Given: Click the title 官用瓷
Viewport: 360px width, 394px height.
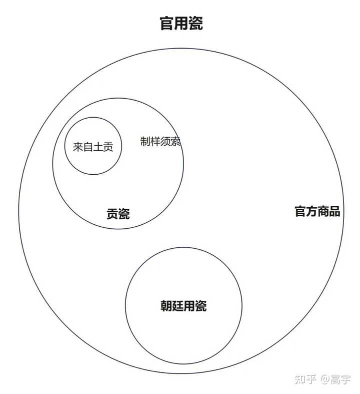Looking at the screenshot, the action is pyautogui.click(x=181, y=24).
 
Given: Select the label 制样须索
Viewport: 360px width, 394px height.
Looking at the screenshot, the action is pyautogui.click(x=160, y=142).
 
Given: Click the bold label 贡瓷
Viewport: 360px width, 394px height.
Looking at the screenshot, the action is pyautogui.click(x=118, y=214).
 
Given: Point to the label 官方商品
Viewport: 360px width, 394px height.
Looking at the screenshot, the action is pyautogui.click(x=317, y=211).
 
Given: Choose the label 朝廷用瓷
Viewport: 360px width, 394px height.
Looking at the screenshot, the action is pyautogui.click(x=183, y=306).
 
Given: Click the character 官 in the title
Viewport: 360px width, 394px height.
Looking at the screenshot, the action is pyautogui.click(x=167, y=24).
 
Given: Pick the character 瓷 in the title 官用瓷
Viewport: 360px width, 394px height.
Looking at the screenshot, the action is pyautogui.click(x=196, y=24).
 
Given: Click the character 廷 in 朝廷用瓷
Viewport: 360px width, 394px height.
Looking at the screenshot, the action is pyautogui.click(x=178, y=306).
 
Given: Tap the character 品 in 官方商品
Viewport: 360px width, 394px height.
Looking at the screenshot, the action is pyautogui.click(x=334, y=211).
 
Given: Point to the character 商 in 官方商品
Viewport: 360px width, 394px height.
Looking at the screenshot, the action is pyautogui.click(x=323, y=211).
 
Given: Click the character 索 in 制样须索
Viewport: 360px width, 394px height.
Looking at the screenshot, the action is pyautogui.click(x=175, y=142).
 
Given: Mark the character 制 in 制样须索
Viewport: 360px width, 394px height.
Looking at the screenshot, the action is pyautogui.click(x=145, y=142).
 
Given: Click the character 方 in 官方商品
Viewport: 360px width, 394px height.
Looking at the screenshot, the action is pyautogui.click(x=311, y=211).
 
